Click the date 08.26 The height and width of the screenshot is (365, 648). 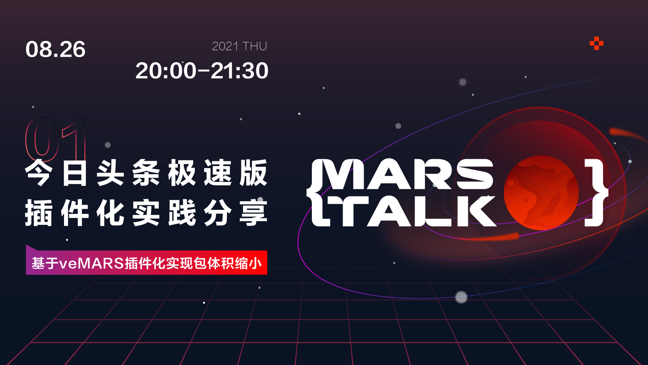point(55,49)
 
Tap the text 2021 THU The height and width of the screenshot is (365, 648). point(239,46)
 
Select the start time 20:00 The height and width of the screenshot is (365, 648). point(166,70)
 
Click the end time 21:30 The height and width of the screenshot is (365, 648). point(239,70)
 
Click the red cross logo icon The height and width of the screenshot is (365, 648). point(597,43)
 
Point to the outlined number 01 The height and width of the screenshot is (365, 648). point(56,139)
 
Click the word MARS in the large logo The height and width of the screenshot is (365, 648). point(408,174)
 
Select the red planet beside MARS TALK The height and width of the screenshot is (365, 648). point(541,192)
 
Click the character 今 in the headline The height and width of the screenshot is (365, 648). point(39,173)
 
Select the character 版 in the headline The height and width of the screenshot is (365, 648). point(254,173)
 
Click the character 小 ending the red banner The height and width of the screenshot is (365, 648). point(255,263)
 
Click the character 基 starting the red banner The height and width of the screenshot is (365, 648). point(38,263)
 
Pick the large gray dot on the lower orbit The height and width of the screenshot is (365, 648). point(461,297)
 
